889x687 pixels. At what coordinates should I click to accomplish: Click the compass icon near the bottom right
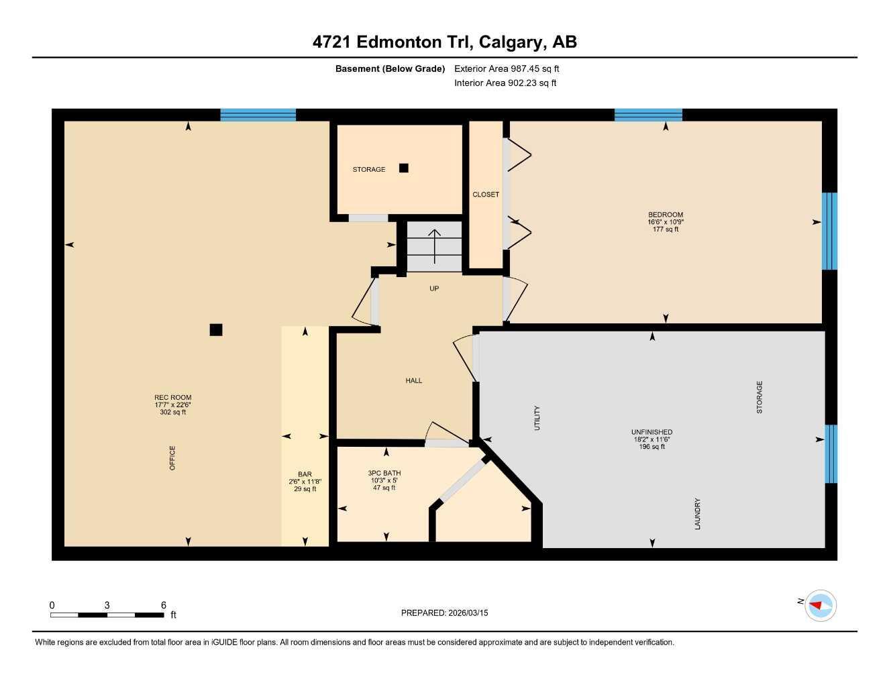[819, 606]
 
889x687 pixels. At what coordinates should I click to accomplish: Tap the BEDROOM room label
[665, 215]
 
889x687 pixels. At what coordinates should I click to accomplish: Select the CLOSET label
[486, 195]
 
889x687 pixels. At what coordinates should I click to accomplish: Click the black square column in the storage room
[403, 168]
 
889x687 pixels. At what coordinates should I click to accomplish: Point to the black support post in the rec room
[215, 329]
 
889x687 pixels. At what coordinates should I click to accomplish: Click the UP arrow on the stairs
[434, 246]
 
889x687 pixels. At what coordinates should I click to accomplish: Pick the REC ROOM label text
[172, 397]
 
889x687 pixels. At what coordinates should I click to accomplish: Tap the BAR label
[305, 474]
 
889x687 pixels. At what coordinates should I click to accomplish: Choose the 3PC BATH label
[384, 473]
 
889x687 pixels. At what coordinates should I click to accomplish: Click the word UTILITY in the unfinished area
[537, 417]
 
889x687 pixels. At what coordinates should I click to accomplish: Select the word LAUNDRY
[698, 514]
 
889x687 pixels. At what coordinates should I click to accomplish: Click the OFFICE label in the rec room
[172, 458]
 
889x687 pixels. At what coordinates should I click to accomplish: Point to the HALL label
[414, 380]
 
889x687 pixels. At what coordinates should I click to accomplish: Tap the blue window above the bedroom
[648, 115]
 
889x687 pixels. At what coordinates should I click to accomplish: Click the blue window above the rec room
[258, 115]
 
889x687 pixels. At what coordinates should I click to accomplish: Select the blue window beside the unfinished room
[831, 454]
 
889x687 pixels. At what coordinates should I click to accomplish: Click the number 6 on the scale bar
[163, 605]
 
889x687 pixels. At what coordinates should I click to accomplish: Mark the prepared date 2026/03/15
[466, 613]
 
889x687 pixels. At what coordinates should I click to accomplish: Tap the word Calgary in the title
[511, 42]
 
